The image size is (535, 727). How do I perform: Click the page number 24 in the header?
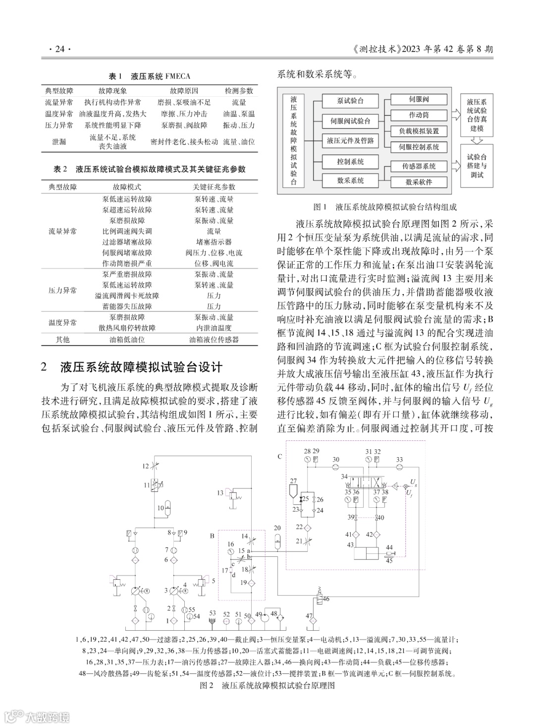(60, 49)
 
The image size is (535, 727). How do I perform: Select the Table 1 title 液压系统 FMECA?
(160, 76)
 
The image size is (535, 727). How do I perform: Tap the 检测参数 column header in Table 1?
(239, 91)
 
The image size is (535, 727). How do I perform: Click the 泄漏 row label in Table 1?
(59, 142)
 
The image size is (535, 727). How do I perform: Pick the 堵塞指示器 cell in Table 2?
(214, 242)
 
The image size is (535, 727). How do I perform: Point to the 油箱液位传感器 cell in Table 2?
(214, 340)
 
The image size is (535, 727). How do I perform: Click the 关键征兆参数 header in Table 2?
(214, 187)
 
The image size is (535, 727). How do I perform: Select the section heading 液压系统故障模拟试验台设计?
(141, 367)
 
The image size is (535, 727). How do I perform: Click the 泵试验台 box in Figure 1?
(350, 101)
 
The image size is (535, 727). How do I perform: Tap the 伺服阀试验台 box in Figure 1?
(350, 121)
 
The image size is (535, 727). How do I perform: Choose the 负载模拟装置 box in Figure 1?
(419, 131)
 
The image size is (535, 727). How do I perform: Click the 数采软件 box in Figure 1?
(419, 182)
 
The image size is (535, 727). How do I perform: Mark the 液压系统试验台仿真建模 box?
(477, 115)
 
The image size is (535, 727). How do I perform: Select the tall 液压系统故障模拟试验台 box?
(294, 140)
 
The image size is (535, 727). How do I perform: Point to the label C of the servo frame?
(280, 456)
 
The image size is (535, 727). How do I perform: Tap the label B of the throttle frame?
(212, 536)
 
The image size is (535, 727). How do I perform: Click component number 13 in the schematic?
(220, 493)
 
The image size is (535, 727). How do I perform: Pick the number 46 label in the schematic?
(326, 599)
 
